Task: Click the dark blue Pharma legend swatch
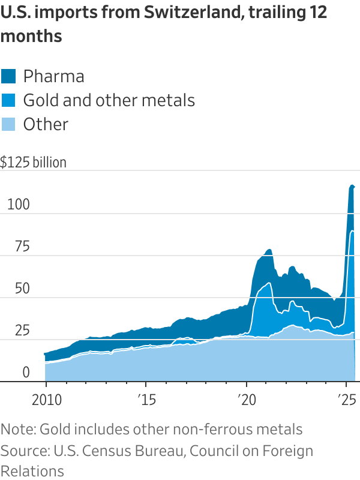[9, 76]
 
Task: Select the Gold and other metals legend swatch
[9, 100]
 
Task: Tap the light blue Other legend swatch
[9, 124]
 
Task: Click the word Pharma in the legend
[53, 76]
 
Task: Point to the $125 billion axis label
[34, 162]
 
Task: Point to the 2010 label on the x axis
[46, 400]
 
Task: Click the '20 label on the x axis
[246, 400]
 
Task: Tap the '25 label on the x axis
[347, 400]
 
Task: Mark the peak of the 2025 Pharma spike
[352, 185]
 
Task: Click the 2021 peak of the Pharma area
[269, 249]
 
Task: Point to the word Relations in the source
[32, 470]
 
